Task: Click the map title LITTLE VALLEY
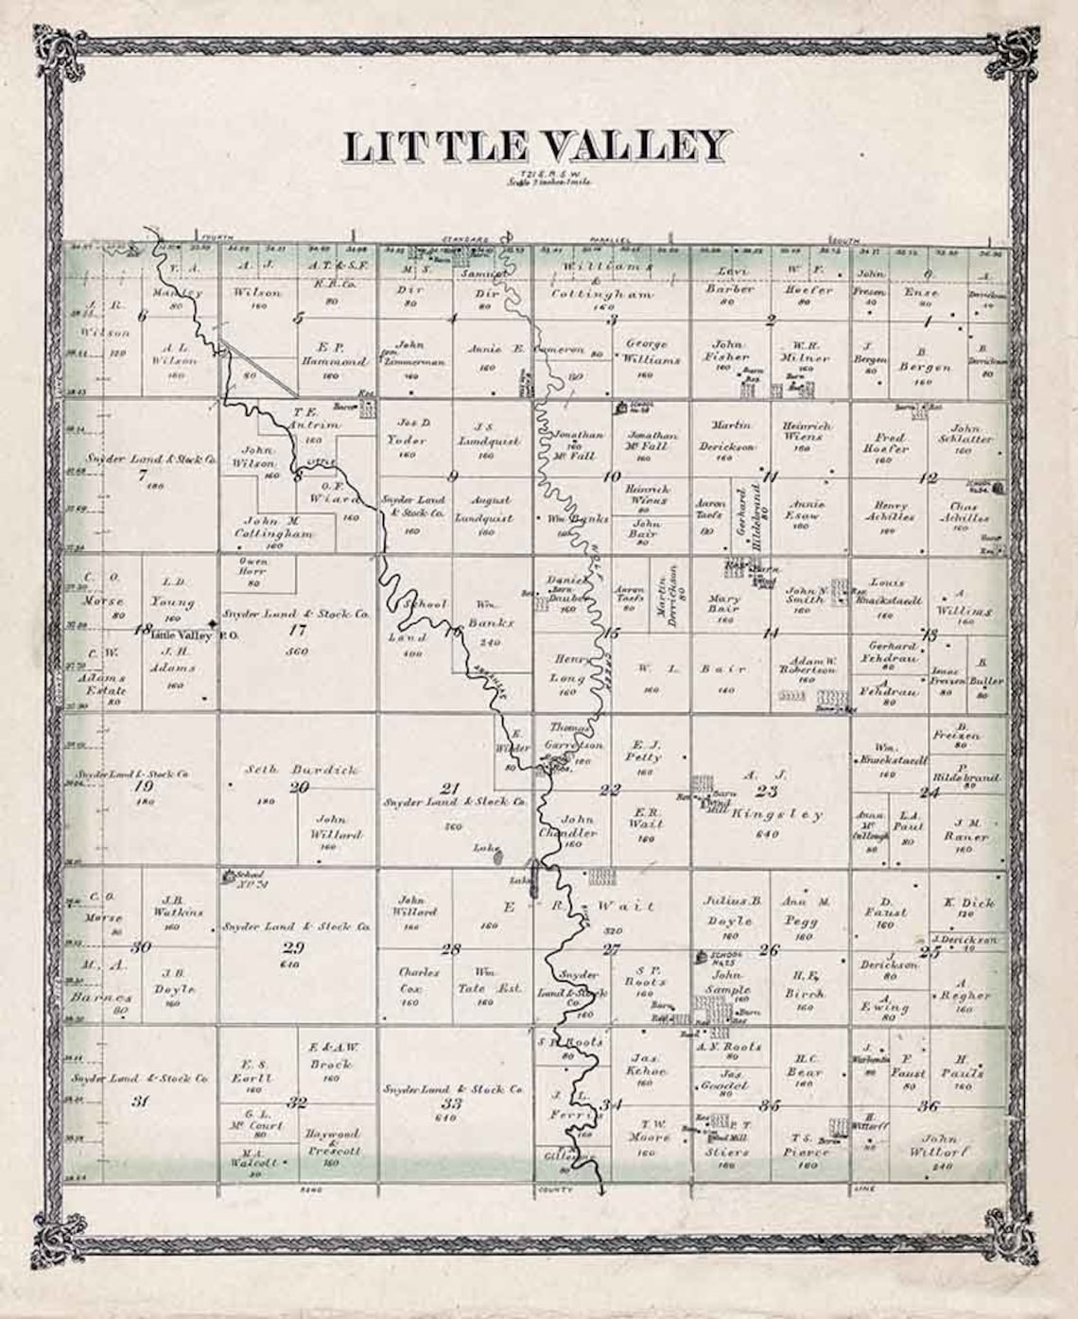(536, 147)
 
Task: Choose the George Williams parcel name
(646, 352)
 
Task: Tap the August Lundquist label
(484, 509)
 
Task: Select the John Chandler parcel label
(579, 826)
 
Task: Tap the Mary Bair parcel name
(723, 603)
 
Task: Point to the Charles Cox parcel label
(419, 980)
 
